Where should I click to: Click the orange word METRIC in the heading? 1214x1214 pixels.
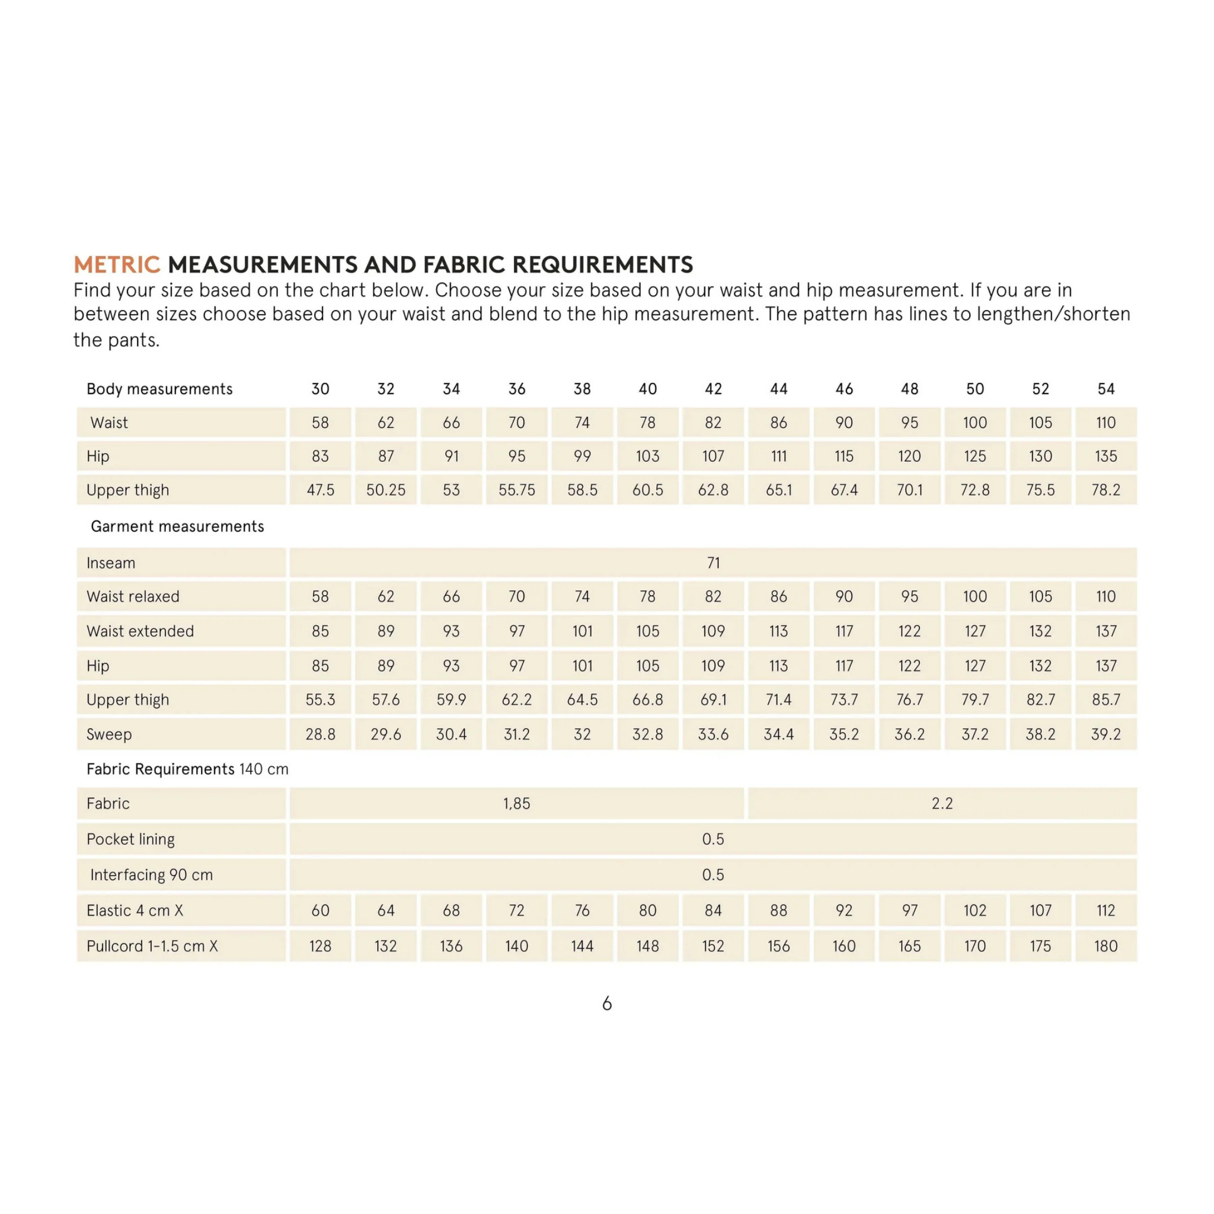pyautogui.click(x=117, y=264)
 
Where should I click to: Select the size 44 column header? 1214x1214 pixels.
pyautogui.click(x=778, y=389)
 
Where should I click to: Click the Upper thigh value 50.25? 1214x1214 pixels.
pyautogui.click(x=386, y=490)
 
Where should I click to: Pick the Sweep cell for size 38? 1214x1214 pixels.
pyautogui.click(x=582, y=734)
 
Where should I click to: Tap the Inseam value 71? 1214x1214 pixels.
pyautogui.click(x=713, y=563)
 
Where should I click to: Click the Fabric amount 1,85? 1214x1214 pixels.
pyautogui.click(x=516, y=804)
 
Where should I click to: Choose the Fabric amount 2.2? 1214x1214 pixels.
pyautogui.click(x=942, y=804)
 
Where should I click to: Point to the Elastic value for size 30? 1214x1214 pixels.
pyautogui.click(x=321, y=910)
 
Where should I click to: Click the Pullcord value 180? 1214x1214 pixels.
pyautogui.click(x=1106, y=946)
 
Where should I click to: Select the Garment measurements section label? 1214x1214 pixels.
pyautogui.click(x=177, y=526)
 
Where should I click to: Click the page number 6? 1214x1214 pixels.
pyautogui.click(x=606, y=1004)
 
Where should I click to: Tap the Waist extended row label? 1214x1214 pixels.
pyautogui.click(x=140, y=631)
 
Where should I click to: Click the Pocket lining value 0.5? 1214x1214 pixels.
pyautogui.click(x=713, y=839)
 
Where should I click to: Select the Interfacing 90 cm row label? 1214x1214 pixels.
pyautogui.click(x=151, y=875)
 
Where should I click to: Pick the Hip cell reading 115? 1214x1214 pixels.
pyautogui.click(x=844, y=456)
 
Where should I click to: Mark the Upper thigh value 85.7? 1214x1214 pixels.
pyautogui.click(x=1106, y=699)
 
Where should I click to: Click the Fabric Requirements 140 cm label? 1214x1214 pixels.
pyautogui.click(x=187, y=769)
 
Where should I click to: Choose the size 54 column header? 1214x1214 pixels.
pyautogui.click(x=1106, y=389)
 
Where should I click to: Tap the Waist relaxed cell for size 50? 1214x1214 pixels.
pyautogui.click(x=975, y=596)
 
